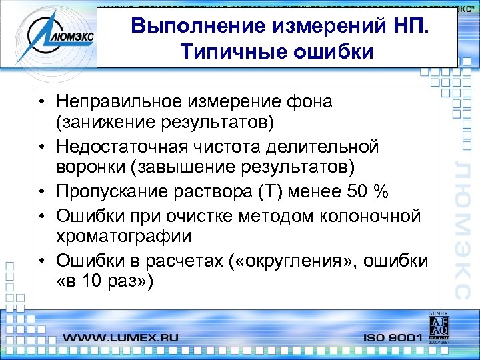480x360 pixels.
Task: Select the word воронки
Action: (x=89, y=166)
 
